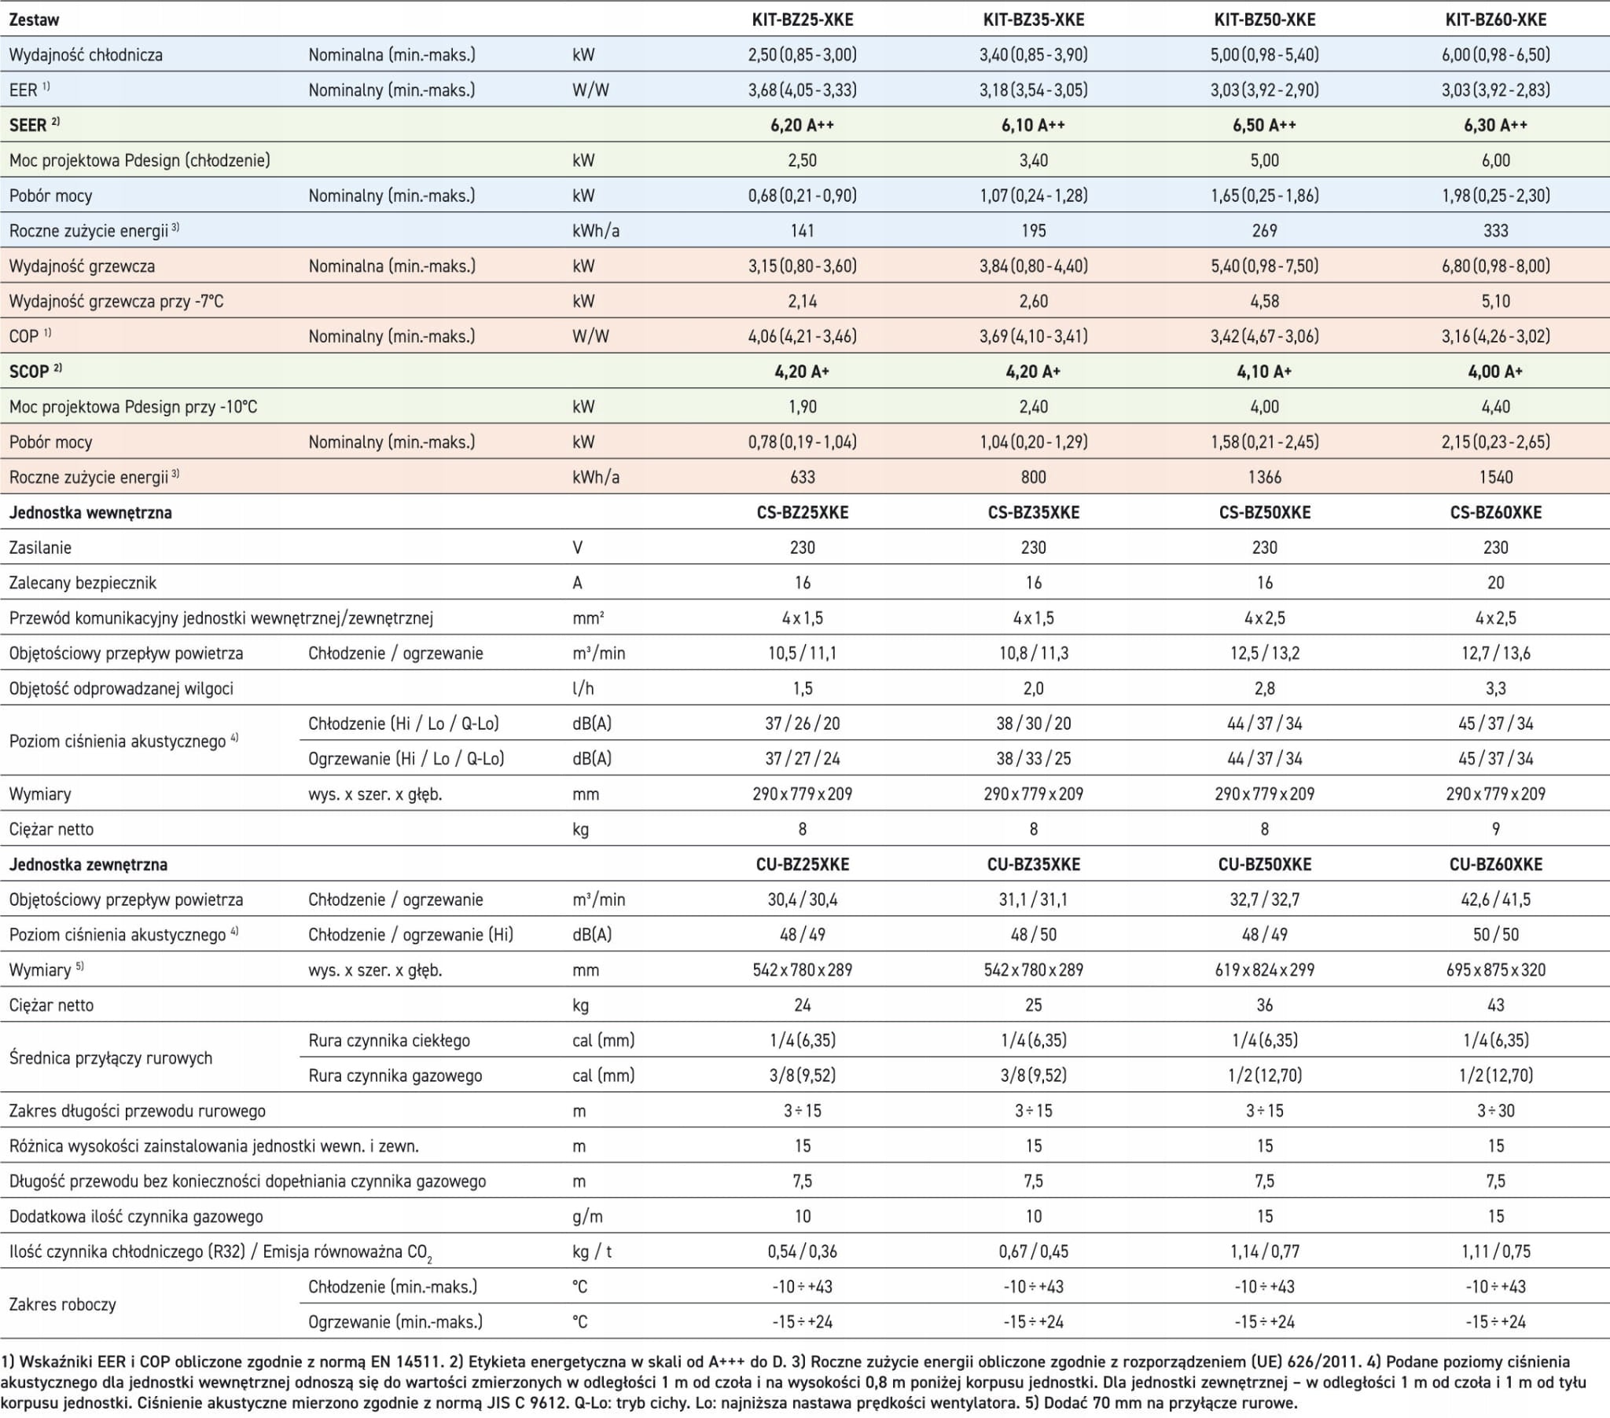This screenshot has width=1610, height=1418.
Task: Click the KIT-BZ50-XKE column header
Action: [x=1264, y=20]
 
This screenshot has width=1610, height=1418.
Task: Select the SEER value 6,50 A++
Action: [x=1264, y=125]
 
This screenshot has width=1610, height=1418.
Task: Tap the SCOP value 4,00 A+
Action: [x=1495, y=372]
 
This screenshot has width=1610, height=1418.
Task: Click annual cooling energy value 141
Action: [x=802, y=231]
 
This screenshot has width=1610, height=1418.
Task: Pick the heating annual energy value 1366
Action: [x=1264, y=477]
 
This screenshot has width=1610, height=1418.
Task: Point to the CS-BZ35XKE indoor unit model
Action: [x=1034, y=512]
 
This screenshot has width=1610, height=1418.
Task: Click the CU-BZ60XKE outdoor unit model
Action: [x=1495, y=864]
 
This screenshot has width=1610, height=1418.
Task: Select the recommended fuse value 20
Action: [x=1495, y=583]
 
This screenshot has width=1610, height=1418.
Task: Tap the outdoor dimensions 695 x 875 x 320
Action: [x=1495, y=970]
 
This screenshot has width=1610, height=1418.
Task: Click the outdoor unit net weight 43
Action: [x=1495, y=1006]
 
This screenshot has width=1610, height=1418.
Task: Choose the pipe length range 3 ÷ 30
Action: [x=1495, y=1111]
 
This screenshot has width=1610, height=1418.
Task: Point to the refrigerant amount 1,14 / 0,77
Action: [x=1264, y=1252]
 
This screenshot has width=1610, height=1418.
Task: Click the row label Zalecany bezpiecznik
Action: [x=83, y=583]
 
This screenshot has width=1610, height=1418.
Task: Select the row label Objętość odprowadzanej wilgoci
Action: [x=121, y=689]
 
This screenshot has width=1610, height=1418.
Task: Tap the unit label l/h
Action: [x=583, y=689]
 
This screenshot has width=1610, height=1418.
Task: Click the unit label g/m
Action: [x=587, y=1217]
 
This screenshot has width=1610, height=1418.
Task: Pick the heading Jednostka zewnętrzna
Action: [x=88, y=864]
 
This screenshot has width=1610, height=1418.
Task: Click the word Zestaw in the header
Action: [x=34, y=20]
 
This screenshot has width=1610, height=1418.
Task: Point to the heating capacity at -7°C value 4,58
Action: [x=1264, y=302]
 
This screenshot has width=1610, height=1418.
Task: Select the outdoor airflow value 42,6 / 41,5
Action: [x=1495, y=900]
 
